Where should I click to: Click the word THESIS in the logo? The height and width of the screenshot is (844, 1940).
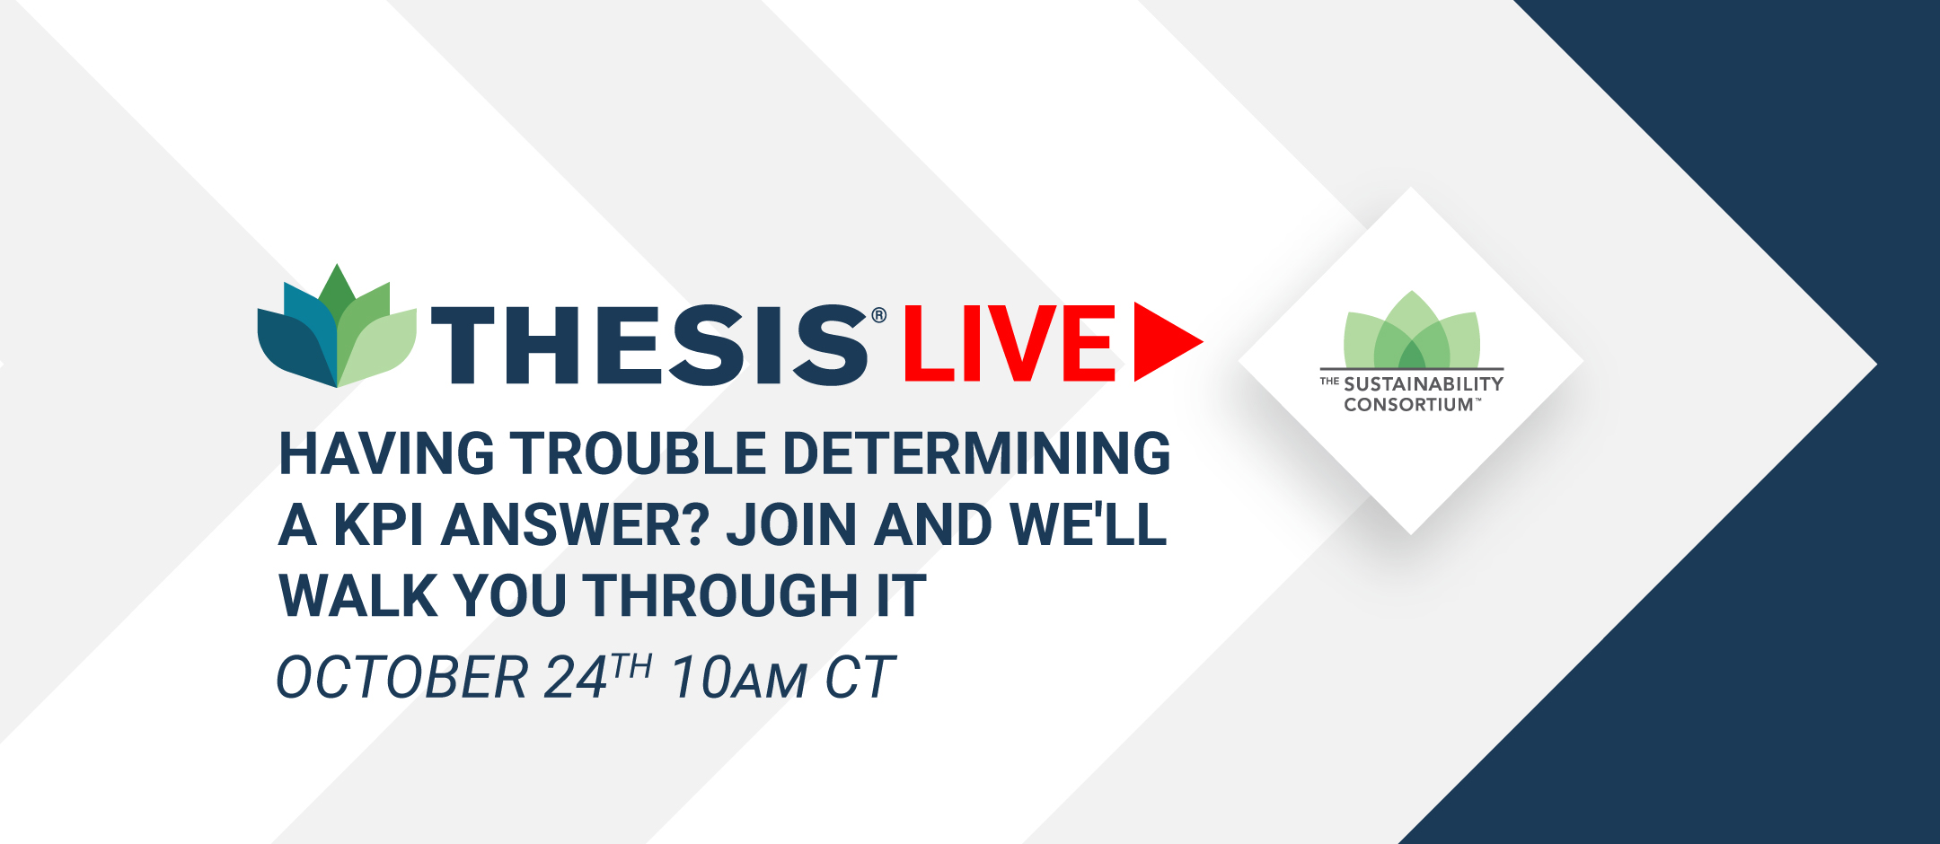point(650,345)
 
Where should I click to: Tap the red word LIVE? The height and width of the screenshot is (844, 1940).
point(1010,343)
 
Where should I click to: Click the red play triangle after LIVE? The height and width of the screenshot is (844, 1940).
point(1168,342)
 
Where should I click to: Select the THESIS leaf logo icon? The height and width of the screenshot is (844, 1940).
point(337,326)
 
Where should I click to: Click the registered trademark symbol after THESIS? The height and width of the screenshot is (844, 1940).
point(879,315)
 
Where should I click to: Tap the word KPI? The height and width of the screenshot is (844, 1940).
point(379,524)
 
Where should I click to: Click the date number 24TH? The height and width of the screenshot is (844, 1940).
point(598,675)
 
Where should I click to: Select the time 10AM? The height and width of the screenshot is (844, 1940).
point(739,677)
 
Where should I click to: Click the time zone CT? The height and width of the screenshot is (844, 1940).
point(860,677)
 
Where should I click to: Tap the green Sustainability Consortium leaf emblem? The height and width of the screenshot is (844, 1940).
point(1412,329)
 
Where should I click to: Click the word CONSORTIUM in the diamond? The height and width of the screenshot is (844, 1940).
point(1409,405)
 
